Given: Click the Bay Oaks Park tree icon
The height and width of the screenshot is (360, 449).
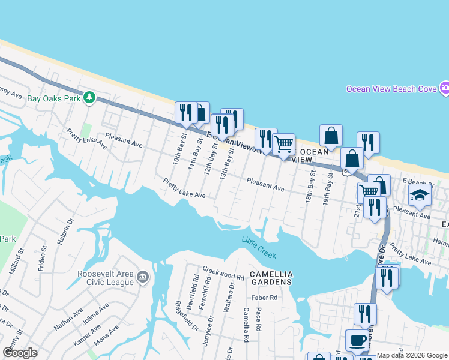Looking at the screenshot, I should click(89, 97).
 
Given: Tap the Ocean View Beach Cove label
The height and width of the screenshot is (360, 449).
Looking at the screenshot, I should click(391, 89).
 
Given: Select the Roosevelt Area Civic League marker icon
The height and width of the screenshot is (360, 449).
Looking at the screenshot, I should click(143, 277).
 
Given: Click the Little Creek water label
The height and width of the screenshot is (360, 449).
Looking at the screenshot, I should click(259, 247).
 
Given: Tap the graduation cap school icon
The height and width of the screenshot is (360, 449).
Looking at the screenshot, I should click(420, 195).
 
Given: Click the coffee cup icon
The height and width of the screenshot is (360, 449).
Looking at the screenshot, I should click(357, 340).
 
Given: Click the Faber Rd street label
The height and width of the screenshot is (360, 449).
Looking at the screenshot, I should click(265, 297).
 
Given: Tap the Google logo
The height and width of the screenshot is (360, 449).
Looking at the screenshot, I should click(20, 352).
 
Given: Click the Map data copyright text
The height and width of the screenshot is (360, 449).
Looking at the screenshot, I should click(412, 355).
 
